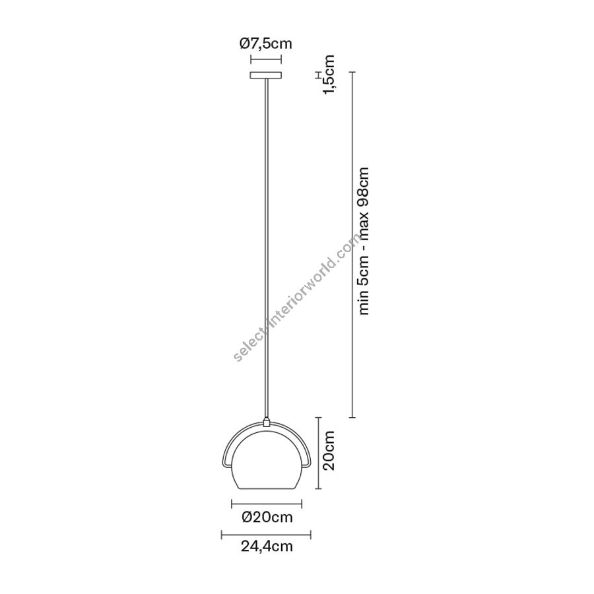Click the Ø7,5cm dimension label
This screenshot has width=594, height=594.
tap(265, 44)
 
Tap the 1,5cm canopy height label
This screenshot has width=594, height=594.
tap(329, 74)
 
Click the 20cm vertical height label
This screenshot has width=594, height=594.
tap(329, 450)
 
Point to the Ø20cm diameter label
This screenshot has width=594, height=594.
tap(267, 517)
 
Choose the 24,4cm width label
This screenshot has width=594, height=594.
tap(267, 546)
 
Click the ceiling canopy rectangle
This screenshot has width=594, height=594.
tap(265, 75)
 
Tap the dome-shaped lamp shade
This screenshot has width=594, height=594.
tap(267, 459)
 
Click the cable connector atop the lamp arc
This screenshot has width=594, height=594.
tap(267, 422)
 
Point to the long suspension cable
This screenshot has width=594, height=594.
tap(267, 249)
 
